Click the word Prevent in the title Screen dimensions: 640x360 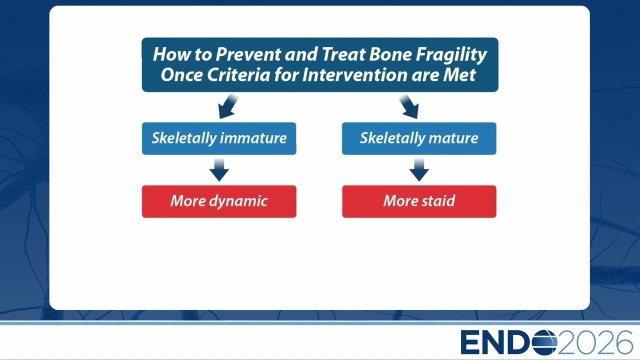248,54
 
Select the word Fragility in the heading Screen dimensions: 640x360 451,55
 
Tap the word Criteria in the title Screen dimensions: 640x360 238,75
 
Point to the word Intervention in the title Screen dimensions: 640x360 355,75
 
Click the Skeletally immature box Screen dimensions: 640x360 219,138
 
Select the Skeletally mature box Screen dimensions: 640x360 419,138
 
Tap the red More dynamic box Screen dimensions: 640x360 219,201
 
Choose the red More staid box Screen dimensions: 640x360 419,201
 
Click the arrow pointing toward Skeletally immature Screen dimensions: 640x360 227,107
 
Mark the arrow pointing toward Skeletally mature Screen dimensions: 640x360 409,107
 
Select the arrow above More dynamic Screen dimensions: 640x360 219,170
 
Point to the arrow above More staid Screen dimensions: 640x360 419,170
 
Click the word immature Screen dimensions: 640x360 253,138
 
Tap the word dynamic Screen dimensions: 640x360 238,201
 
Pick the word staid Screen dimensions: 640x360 438,200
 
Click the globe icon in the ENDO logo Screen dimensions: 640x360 544,342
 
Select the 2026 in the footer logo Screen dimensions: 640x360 595,342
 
